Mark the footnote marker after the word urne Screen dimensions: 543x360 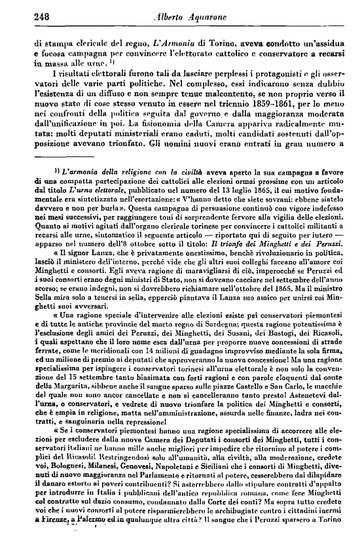coord(96,62)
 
